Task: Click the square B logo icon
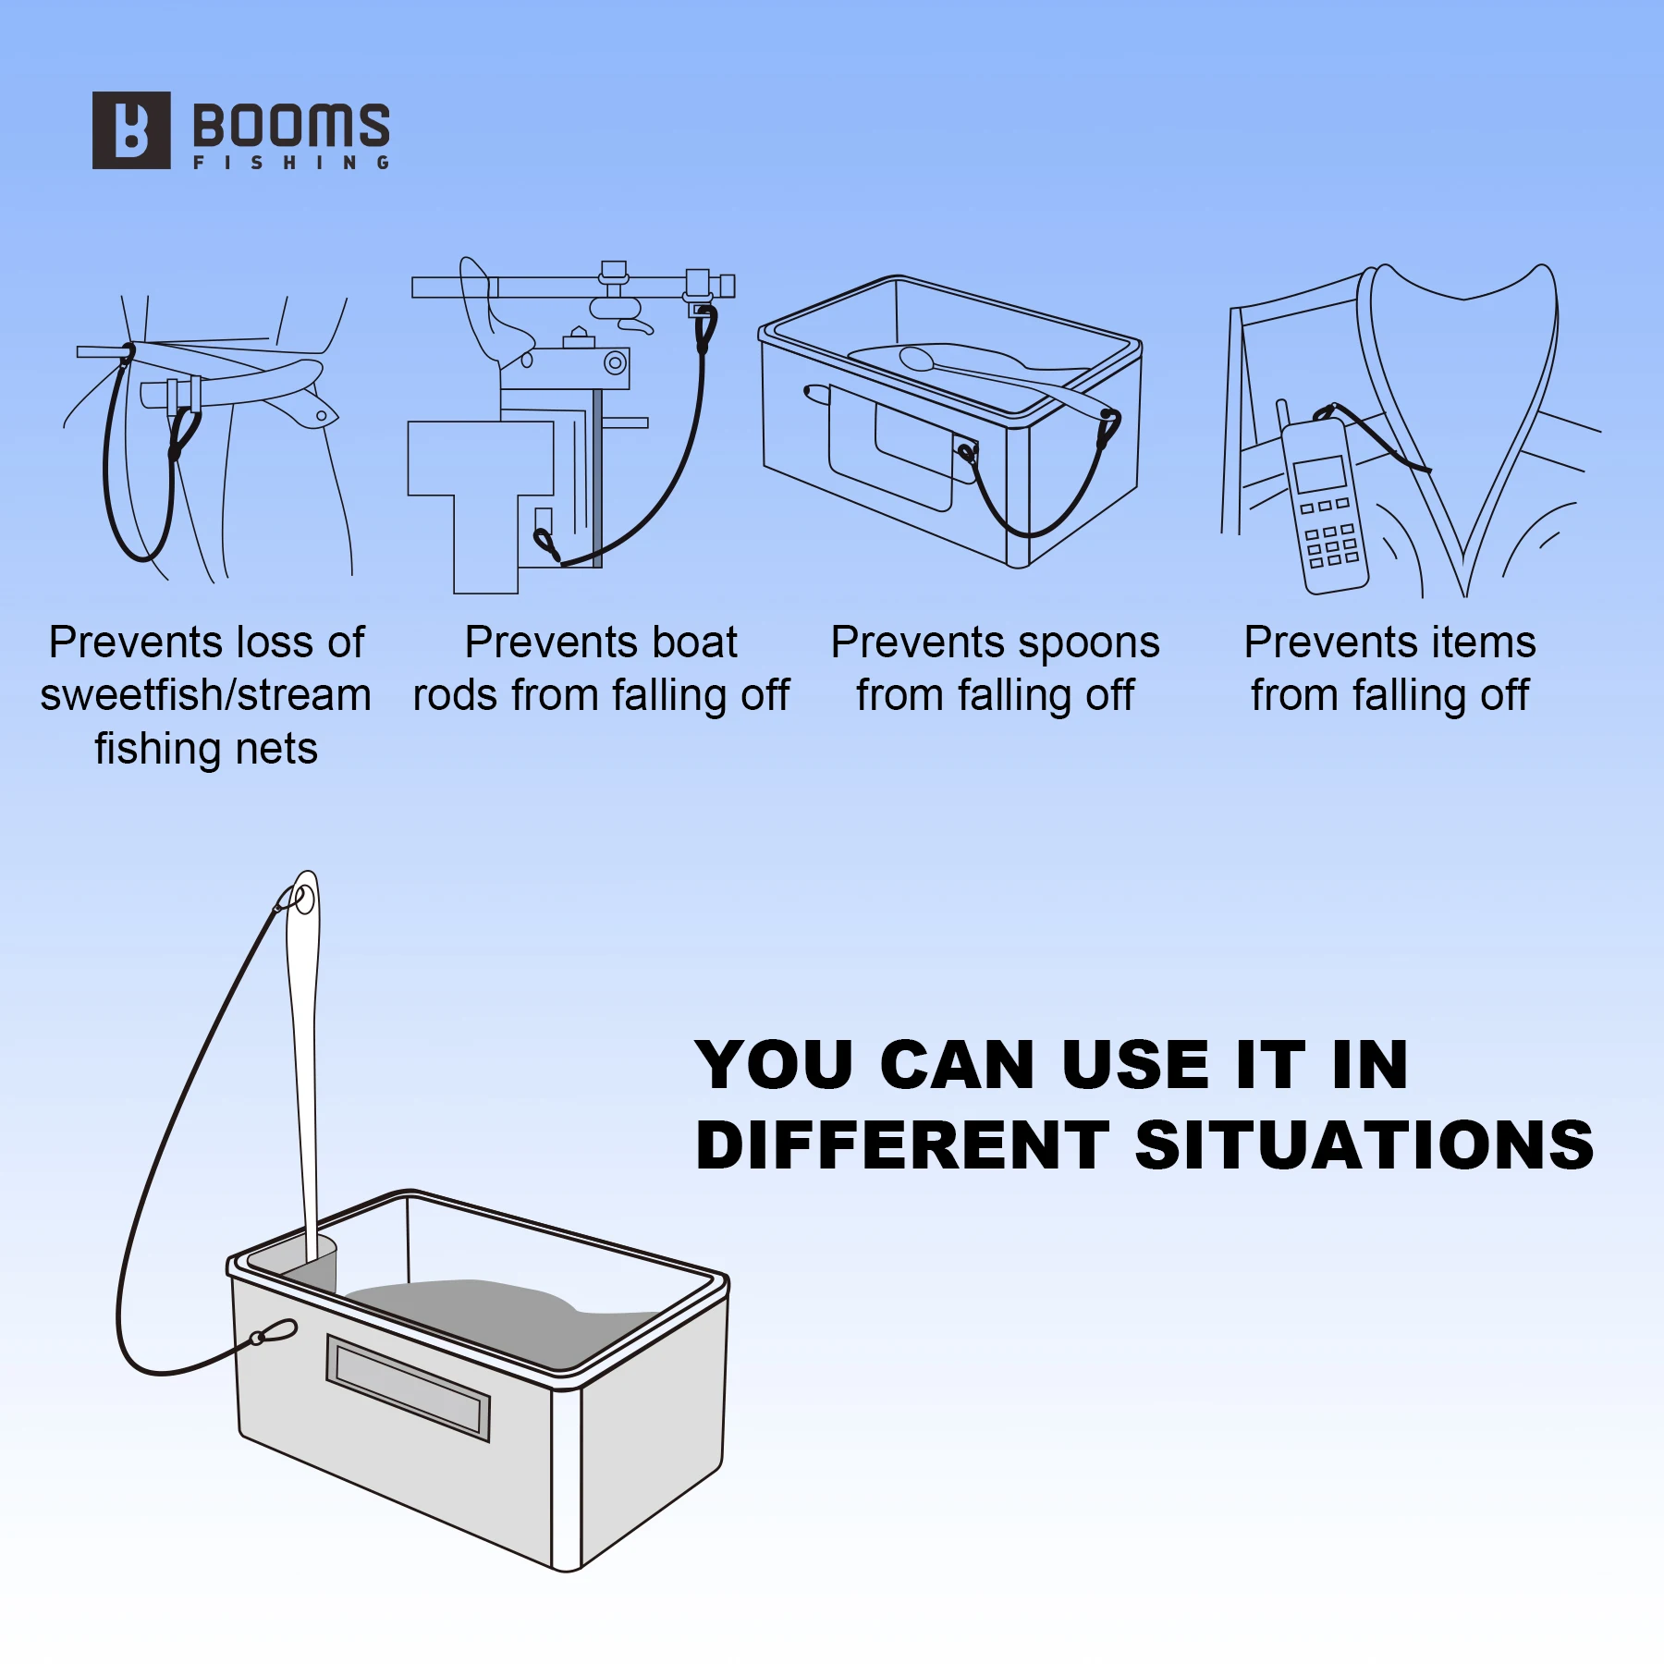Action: pos(131,130)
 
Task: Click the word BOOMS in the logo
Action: pos(291,125)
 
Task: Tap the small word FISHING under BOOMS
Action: pos(291,163)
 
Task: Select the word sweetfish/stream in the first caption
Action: pos(205,696)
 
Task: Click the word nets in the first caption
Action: pos(276,749)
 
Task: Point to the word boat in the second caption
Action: pos(694,642)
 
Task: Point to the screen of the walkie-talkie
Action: pos(1320,474)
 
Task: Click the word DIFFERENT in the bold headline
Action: pos(903,1145)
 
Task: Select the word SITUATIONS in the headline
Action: pos(1364,1145)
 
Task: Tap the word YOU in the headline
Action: pos(775,1065)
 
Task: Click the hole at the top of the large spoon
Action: pos(304,899)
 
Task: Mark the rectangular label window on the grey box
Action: pos(408,1388)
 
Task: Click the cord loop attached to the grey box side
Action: pos(274,1332)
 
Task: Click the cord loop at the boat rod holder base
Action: pos(546,544)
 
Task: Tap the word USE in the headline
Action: pos(1136,1065)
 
